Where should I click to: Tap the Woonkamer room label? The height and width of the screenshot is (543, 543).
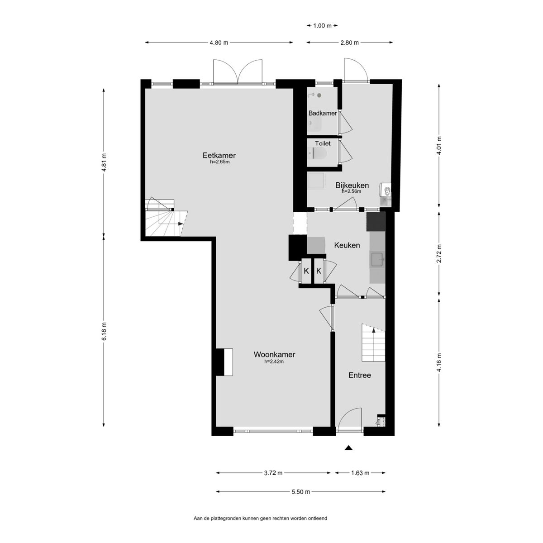(x=274, y=354)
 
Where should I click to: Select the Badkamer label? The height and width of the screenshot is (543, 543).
(x=322, y=113)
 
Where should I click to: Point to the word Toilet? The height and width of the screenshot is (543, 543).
(x=323, y=143)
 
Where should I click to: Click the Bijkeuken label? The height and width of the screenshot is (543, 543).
(x=352, y=185)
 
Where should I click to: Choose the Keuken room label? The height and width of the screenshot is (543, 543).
(x=347, y=245)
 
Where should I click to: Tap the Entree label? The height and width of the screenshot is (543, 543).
(x=360, y=375)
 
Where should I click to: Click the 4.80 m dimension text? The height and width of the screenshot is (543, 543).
(x=219, y=43)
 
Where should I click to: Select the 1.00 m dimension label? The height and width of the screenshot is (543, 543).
(x=322, y=26)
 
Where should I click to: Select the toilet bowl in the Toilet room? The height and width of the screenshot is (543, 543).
(x=317, y=154)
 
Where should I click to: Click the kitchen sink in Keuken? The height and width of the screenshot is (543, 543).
(x=377, y=259)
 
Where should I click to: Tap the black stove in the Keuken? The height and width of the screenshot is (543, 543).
(x=376, y=222)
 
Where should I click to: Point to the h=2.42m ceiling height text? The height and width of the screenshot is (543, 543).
(x=274, y=362)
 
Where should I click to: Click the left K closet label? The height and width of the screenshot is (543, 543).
(x=306, y=271)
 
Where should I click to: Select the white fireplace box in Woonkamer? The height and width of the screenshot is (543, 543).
(x=228, y=362)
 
